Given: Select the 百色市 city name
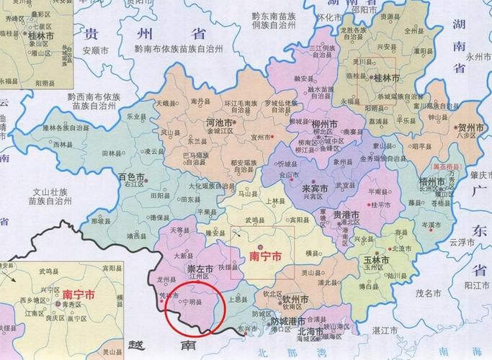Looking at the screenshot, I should pyautogui.click(x=131, y=176).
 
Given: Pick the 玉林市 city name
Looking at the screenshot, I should pyautogui.click(x=375, y=259).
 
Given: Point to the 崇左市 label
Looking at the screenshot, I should pyautogui.click(x=199, y=269).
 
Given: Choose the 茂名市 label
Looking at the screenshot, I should pyautogui.click(x=428, y=293).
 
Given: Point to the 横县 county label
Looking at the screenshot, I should pyautogui.click(x=311, y=253).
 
